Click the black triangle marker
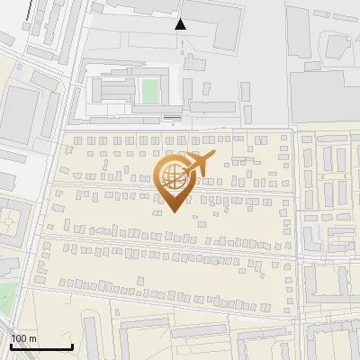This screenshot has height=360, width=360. pyautogui.click(x=181, y=24)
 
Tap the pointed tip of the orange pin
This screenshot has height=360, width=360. pyautogui.click(x=171, y=212)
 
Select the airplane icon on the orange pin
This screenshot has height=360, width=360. pyautogui.click(x=199, y=164)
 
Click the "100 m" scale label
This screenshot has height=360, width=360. pyautogui.click(x=24, y=337)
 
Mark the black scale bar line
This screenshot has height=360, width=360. pyautogui.click(x=41, y=346)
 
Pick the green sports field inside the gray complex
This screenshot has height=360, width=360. pyautogui.click(x=149, y=90)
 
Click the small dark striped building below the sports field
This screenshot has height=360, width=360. pyautogui.click(x=171, y=118)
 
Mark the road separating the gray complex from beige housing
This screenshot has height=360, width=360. pyautogui.click(x=180, y=128)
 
